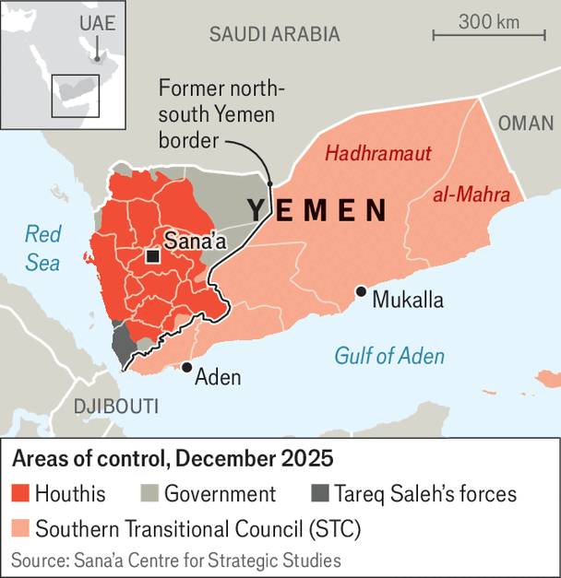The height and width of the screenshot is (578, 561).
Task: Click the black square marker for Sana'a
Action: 151,257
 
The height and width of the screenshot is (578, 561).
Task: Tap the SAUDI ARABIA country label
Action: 274,35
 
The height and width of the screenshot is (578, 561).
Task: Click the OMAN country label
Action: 526,124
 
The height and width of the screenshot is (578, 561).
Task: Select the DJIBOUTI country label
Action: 116,407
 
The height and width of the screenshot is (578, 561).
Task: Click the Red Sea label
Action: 42,249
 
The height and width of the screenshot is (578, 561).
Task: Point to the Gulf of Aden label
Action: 388,356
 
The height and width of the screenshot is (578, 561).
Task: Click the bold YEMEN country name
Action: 316,211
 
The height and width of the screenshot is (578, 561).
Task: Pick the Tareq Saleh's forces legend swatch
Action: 320,494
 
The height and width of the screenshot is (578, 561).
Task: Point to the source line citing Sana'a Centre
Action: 175,560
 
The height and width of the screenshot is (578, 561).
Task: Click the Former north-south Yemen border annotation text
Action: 221,114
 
